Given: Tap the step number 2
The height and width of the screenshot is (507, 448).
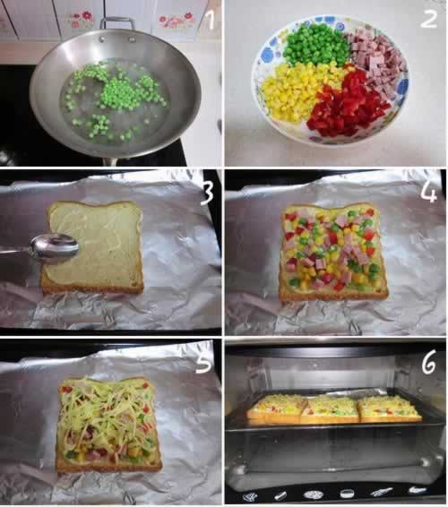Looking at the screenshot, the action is (429, 19).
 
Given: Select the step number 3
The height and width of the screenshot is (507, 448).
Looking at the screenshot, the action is (207, 193).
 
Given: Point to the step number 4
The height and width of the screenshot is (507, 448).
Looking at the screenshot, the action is (429, 193).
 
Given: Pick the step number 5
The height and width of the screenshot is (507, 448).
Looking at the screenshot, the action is (204, 362).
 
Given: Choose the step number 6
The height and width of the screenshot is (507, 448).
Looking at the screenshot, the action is (429, 363).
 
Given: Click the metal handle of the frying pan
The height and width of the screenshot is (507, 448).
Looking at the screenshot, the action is (117, 23).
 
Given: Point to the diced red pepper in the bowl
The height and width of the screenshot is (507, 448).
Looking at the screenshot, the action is (348, 104).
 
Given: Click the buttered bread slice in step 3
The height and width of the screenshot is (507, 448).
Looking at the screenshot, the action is (93, 247).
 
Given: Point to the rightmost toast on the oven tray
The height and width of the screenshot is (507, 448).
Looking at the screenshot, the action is (390, 408).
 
